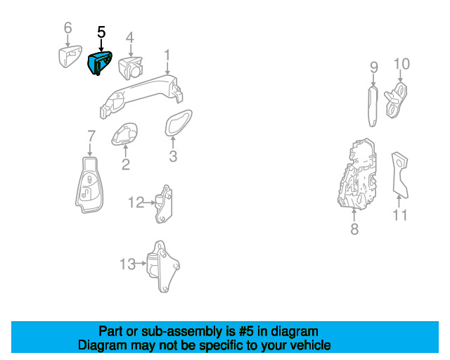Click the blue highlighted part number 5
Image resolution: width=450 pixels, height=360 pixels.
point(99,63)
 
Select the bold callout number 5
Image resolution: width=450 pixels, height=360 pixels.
point(101,32)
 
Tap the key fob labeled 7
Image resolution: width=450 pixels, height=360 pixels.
point(89,185)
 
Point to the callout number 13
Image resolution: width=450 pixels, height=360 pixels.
point(127,264)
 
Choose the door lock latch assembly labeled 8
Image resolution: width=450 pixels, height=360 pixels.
point(356,174)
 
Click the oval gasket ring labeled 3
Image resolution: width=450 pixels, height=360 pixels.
point(178,123)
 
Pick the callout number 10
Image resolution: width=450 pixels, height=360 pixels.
point(401,64)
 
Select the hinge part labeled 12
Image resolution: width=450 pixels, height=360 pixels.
point(164,204)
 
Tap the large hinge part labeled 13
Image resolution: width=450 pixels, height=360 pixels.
point(162,266)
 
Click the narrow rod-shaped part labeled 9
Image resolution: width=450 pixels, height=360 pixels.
point(373,106)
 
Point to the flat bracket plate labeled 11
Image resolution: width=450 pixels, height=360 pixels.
point(399,175)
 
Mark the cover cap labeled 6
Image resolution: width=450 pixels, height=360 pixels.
point(70,56)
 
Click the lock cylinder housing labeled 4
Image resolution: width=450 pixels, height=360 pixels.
point(130,68)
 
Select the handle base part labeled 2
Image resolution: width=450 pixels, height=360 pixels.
point(124,134)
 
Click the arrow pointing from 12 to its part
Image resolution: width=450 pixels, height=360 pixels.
point(149,202)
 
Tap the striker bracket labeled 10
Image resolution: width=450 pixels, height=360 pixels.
point(397,100)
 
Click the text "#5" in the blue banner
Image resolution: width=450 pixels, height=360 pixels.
point(246,331)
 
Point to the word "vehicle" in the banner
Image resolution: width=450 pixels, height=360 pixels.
point(313,345)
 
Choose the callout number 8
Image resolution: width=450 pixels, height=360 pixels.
point(354,229)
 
